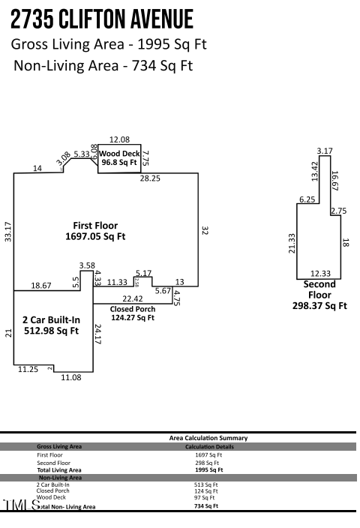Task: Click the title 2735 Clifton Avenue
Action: click(103, 18)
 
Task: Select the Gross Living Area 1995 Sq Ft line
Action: click(109, 43)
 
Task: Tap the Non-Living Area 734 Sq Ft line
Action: click(103, 65)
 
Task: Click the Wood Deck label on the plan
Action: click(120, 153)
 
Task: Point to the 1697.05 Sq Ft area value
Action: click(95, 236)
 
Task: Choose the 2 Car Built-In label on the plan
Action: click(52, 319)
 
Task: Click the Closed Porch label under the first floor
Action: click(133, 309)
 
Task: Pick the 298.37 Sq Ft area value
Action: click(319, 306)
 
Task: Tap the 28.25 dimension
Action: click(150, 178)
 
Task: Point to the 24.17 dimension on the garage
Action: click(98, 334)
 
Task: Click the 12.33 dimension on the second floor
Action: click(320, 274)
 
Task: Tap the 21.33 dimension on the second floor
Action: click(292, 243)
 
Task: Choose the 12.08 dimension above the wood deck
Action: click(119, 139)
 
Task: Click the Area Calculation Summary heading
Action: click(208, 438)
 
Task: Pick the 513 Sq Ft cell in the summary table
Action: click(205, 484)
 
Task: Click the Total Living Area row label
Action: click(59, 469)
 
